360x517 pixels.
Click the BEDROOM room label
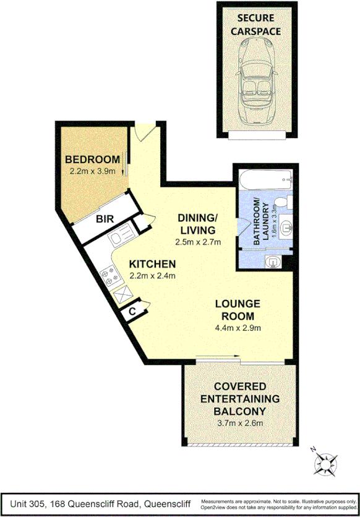coord(92,160)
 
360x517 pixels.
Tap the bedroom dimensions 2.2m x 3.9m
coord(92,171)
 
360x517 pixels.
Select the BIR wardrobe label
coord(103,218)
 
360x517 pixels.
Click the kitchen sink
coord(121,235)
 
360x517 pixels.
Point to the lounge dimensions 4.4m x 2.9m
coord(238,328)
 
